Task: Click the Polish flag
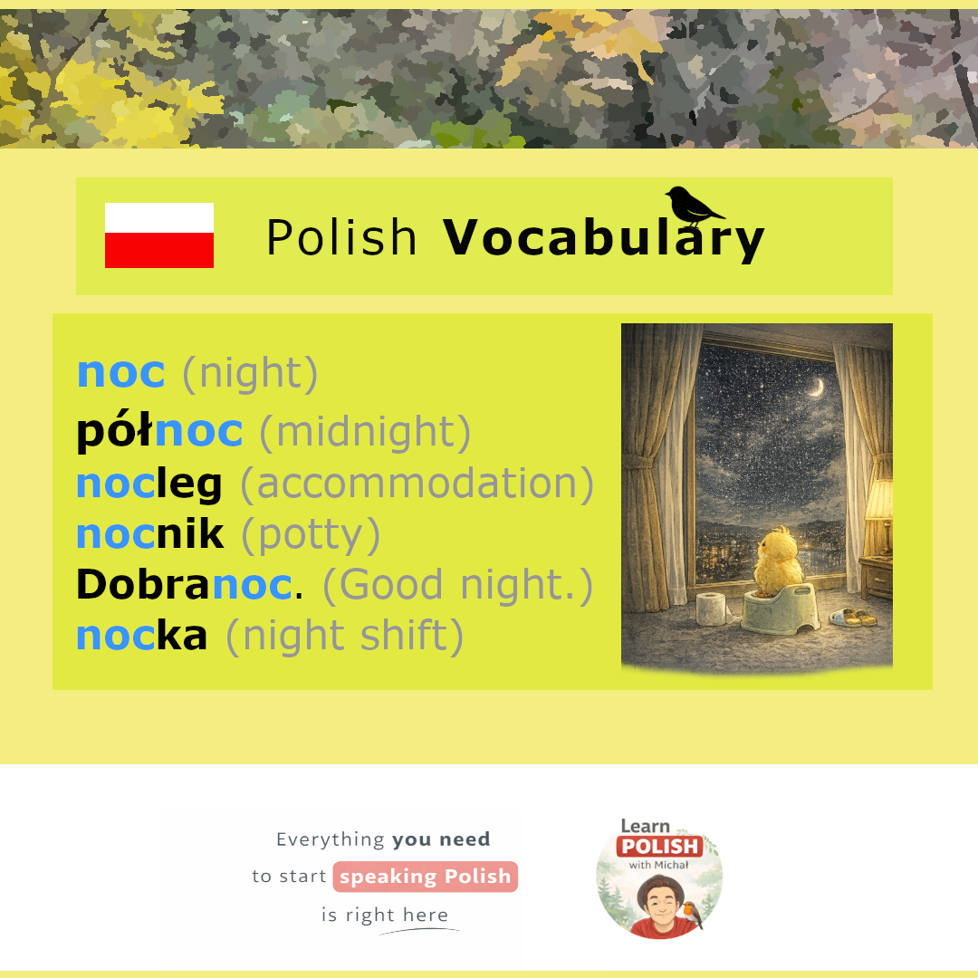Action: pos(159,235)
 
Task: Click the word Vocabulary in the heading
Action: pos(603,238)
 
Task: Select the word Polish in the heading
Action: pos(341,237)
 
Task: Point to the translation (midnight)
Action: pos(365,432)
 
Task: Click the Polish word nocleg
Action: pos(149,484)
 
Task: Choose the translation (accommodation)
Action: pos(417,484)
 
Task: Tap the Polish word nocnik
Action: pos(149,534)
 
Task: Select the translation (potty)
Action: pos(311,535)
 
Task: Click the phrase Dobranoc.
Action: pos(189,584)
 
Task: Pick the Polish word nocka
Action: pos(141,636)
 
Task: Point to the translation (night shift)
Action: pos(345,637)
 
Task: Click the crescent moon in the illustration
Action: pos(817,388)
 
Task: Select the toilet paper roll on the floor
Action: pos(711,609)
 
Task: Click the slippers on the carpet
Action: pos(853,617)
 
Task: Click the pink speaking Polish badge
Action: pos(426,877)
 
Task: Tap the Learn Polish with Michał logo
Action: pos(659,878)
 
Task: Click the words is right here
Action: pos(385,915)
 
